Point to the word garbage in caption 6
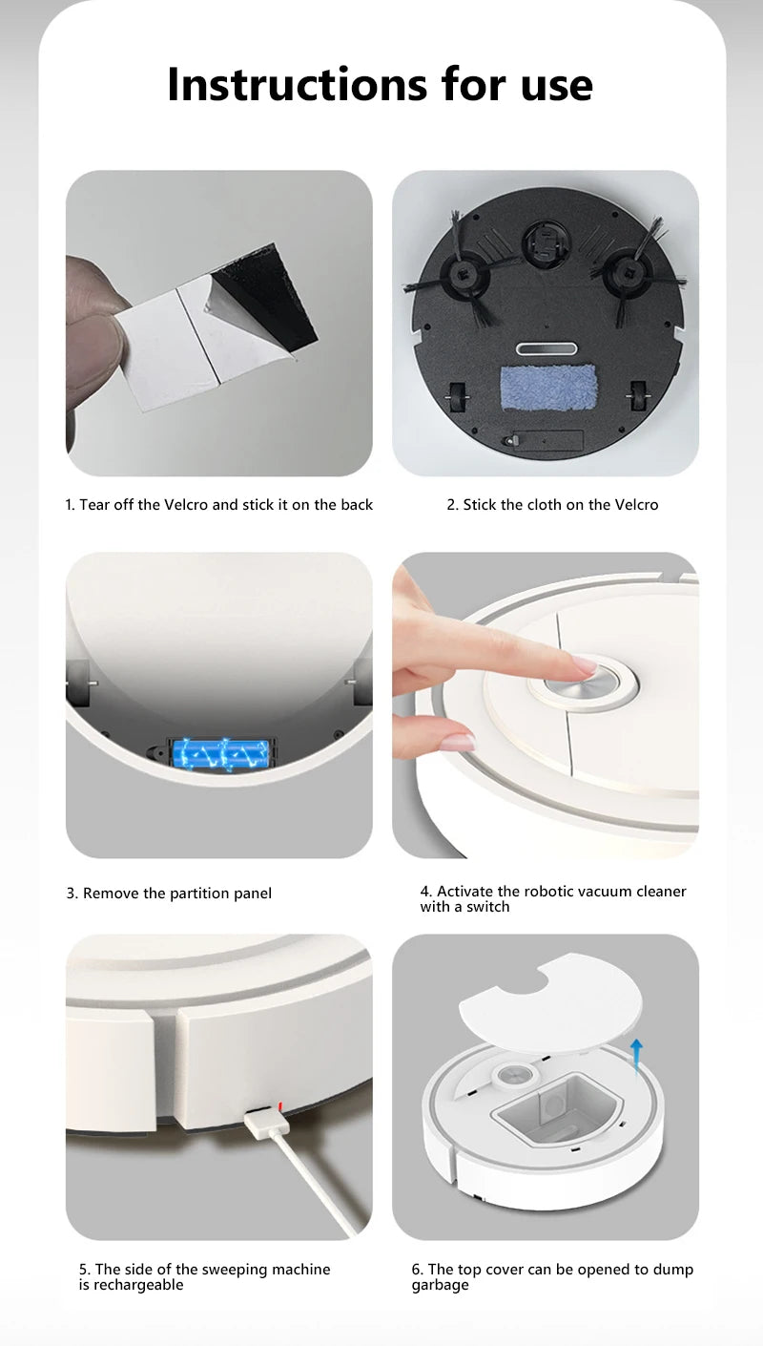pos(440,1285)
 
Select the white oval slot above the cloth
pos(546,350)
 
